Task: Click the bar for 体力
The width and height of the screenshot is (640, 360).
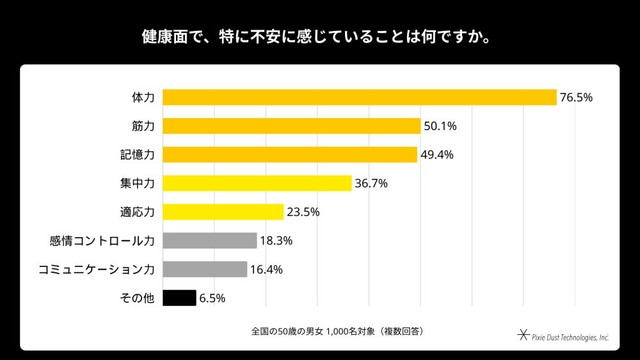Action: [x=360, y=98]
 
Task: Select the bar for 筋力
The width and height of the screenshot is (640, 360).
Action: [x=291, y=126]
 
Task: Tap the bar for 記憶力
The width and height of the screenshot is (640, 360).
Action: [x=290, y=155]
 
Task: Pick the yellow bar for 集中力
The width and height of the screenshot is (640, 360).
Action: [x=257, y=183]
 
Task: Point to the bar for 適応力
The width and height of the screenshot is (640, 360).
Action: [x=223, y=212]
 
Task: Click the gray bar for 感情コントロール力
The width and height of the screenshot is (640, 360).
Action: [x=210, y=240]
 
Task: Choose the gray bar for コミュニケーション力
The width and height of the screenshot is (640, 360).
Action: [x=205, y=269]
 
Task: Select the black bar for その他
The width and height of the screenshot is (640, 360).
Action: [x=179, y=298]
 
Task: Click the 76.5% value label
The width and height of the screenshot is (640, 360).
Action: [x=576, y=98]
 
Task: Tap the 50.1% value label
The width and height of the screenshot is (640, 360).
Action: [x=440, y=126]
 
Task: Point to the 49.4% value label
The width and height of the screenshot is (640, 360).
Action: [x=437, y=155]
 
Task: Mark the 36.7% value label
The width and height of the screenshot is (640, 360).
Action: [x=371, y=183]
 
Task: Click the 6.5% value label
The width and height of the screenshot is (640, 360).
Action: [x=212, y=298]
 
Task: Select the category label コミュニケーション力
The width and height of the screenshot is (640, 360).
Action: [x=96, y=269]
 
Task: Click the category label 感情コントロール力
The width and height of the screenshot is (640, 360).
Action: [x=102, y=241]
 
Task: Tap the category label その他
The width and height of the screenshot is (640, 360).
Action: [x=137, y=298]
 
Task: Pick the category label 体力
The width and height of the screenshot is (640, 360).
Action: [x=143, y=98]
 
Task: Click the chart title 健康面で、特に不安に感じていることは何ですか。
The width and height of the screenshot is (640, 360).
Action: [x=316, y=37]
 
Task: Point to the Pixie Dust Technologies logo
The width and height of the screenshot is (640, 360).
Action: [x=563, y=336]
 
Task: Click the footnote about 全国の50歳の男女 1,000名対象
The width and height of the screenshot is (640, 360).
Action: [x=337, y=331]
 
